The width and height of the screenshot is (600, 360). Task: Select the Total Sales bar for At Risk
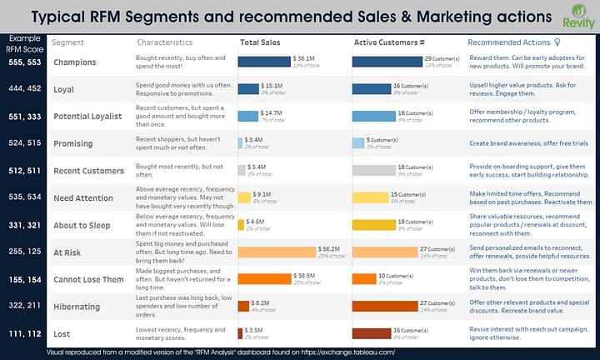(277, 251)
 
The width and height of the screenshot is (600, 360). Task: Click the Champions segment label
(75, 62)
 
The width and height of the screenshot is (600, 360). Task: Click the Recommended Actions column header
(508, 42)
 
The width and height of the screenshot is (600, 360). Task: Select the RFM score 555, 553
(23, 62)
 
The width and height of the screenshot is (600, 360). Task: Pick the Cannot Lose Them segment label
(88, 279)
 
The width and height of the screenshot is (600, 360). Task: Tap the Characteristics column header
(164, 42)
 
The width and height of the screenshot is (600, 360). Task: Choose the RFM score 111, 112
(23, 332)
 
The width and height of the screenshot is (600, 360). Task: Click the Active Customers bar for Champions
(387, 62)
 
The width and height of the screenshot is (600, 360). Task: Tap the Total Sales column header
(259, 42)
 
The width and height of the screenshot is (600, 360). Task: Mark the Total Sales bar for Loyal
(248, 88)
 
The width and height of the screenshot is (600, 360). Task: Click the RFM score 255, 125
(23, 252)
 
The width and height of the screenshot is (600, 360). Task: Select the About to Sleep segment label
(82, 225)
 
